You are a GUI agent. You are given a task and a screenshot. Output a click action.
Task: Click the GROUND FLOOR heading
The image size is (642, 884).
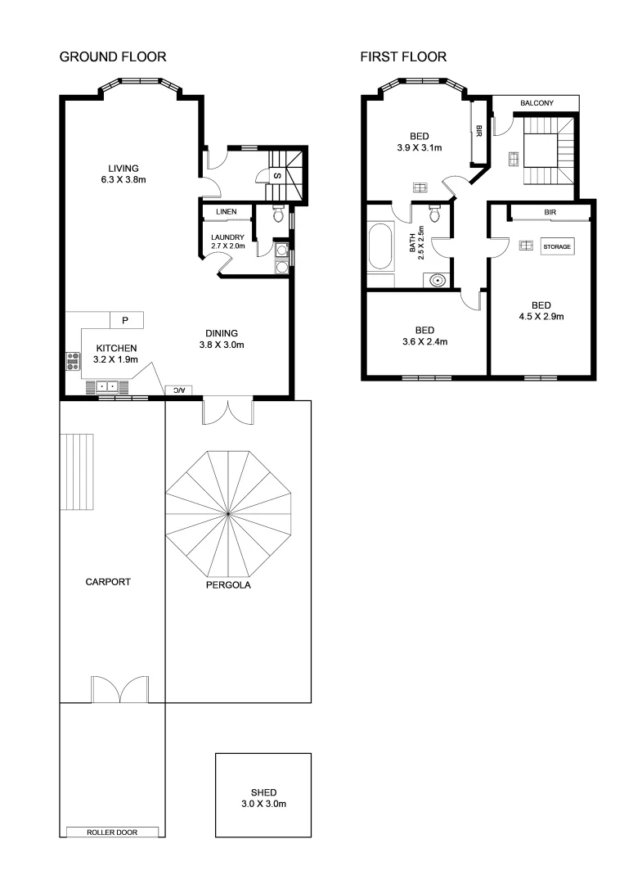pyautogui.click(x=113, y=57)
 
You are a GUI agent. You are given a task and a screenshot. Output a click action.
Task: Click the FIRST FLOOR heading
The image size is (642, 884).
pyautogui.click(x=403, y=57)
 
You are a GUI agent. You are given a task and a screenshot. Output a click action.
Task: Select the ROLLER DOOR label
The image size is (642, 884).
pyautogui.click(x=112, y=832)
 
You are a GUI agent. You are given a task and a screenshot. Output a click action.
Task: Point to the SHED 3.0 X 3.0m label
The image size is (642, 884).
pyautogui.click(x=263, y=798)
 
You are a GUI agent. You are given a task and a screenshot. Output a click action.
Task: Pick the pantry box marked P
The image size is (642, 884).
pyautogui.click(x=126, y=319)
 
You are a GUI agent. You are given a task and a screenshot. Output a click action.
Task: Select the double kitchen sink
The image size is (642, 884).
pyautogui.click(x=109, y=386)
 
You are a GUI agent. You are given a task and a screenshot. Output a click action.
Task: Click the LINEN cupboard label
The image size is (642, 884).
pyautogui.click(x=227, y=212)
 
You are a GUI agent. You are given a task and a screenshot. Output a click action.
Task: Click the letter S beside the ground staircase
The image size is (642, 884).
pyautogui.click(x=277, y=176)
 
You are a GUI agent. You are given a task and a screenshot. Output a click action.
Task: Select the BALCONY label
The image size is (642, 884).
pyautogui.click(x=537, y=103)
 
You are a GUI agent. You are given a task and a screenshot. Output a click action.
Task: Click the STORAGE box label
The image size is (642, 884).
pyautogui.click(x=556, y=246)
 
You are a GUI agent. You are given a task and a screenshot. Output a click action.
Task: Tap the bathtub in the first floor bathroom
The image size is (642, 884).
pyautogui.click(x=381, y=246)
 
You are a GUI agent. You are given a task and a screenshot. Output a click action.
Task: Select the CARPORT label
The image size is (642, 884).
pyautogui.click(x=108, y=583)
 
